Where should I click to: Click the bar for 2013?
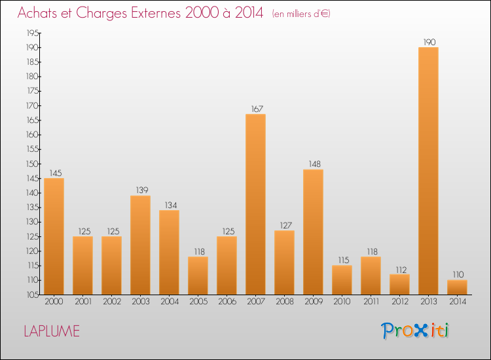click(x=428, y=171)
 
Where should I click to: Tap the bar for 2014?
click(x=457, y=287)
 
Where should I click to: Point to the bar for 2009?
click(x=313, y=232)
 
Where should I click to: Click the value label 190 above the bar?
click(x=429, y=43)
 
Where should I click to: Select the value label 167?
click(x=255, y=109)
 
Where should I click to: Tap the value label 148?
click(x=313, y=164)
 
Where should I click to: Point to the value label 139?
click(x=140, y=190)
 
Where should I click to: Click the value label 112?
click(x=399, y=269)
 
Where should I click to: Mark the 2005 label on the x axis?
click(x=198, y=302)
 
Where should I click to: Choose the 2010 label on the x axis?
click(x=342, y=302)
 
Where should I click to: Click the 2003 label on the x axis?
click(x=140, y=302)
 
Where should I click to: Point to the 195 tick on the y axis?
click(x=31, y=33)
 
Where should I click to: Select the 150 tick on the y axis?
click(x=31, y=164)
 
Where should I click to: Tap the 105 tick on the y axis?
click(x=31, y=295)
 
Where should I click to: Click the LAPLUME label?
click(x=52, y=331)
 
